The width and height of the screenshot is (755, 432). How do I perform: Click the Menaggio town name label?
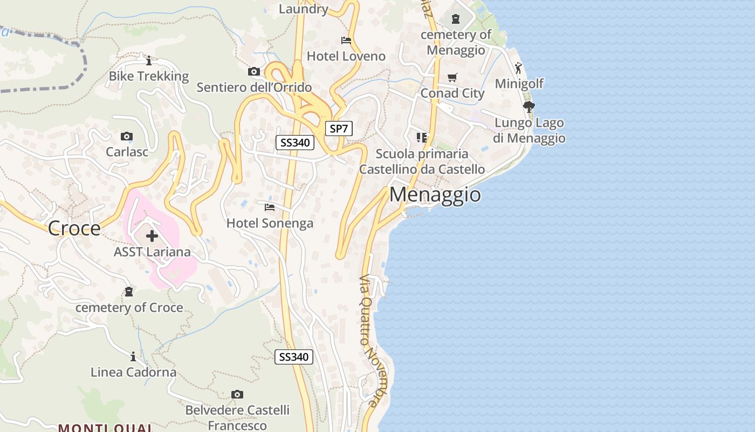click(435, 194)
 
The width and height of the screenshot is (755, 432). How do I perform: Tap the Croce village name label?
click(74, 228)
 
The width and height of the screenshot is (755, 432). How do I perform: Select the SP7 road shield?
click(339, 129)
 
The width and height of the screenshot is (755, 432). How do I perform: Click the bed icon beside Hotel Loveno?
click(346, 40)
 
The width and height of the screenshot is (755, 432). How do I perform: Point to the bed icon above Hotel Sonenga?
click(270, 207)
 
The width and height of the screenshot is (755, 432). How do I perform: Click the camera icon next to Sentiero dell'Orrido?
click(253, 72)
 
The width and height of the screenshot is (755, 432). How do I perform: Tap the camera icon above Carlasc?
click(127, 136)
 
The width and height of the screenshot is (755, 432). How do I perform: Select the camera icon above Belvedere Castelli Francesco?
click(237, 395)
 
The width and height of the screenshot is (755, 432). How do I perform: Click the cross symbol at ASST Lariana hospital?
click(152, 236)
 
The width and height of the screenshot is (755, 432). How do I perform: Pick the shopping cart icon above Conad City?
click(452, 78)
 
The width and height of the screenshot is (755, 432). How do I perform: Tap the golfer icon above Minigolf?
click(518, 68)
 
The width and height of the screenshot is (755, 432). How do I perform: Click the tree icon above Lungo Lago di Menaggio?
click(529, 106)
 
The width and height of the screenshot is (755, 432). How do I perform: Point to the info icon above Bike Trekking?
click(149, 60)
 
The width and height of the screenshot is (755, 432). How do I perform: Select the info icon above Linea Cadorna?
click(133, 356)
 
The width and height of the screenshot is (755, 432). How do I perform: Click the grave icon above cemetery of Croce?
click(129, 292)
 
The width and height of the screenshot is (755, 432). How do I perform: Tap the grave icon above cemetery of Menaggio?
click(456, 19)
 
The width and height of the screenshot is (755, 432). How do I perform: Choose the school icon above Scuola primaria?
click(422, 138)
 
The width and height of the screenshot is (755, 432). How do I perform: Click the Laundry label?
click(304, 9)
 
